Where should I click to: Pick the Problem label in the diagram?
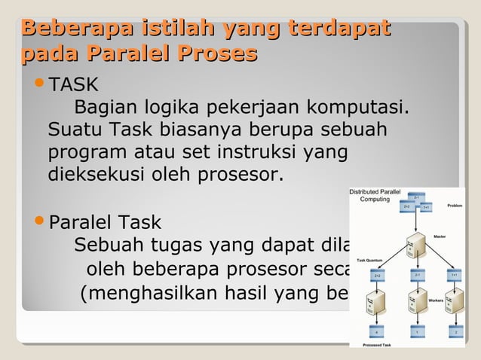455,205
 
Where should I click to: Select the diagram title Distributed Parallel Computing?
375,195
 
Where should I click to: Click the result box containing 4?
376,331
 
